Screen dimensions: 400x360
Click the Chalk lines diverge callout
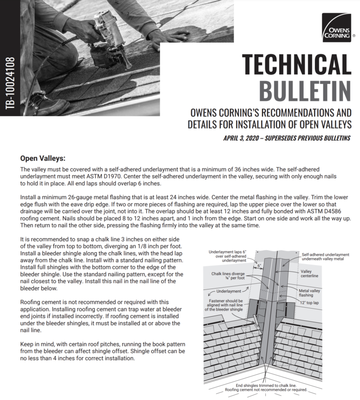[228, 276]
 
